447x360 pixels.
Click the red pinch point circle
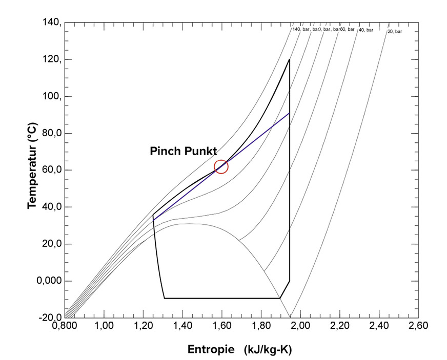pyautogui.click(x=221, y=166)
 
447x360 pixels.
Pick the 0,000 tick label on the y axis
pyautogui.click(x=50, y=281)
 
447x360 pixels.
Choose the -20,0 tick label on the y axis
pyautogui.click(x=51, y=317)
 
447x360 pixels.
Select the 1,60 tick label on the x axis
pyautogui.click(x=221, y=326)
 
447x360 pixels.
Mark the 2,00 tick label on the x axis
pyautogui.click(x=300, y=326)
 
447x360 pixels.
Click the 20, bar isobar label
pyautogui.click(x=395, y=32)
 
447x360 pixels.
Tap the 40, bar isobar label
pyautogui.click(x=365, y=30)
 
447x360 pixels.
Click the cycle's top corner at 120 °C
pyautogui.click(x=290, y=59)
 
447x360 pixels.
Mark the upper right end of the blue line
pyautogui.click(x=290, y=113)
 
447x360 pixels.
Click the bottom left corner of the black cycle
pyautogui.click(x=164, y=298)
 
